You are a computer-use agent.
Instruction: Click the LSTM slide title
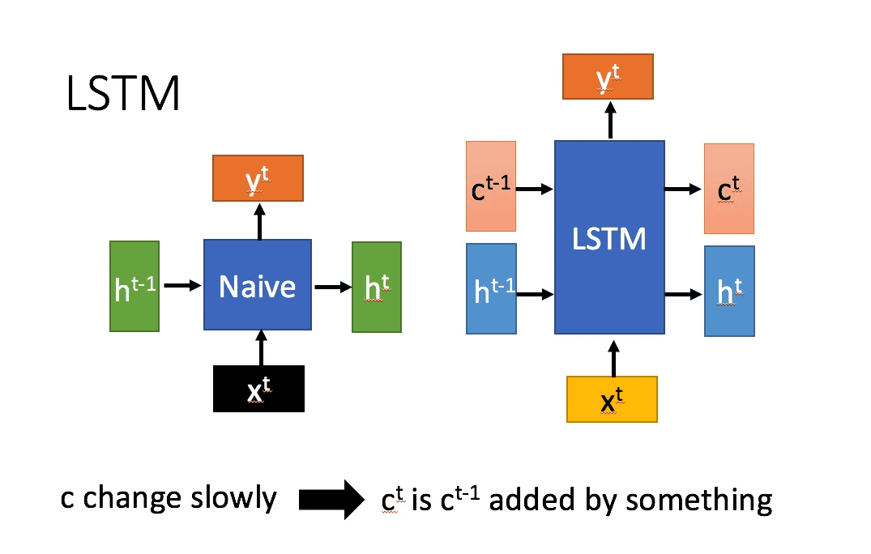122,96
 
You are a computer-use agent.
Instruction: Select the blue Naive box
258,284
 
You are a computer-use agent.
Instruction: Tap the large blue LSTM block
609,237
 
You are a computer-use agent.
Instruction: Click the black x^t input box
258,389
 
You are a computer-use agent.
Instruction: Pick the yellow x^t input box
612,399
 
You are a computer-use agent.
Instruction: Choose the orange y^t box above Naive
258,178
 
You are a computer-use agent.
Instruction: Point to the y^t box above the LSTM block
608,77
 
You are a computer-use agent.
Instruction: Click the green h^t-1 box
134,286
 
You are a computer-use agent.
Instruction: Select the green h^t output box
376,287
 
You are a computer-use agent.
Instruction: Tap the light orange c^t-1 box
491,185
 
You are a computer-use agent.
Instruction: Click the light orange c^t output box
728,189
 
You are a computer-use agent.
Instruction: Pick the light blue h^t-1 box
491,288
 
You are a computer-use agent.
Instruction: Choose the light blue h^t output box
729,292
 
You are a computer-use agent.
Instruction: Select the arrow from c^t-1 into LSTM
535,189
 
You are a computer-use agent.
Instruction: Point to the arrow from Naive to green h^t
331,286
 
